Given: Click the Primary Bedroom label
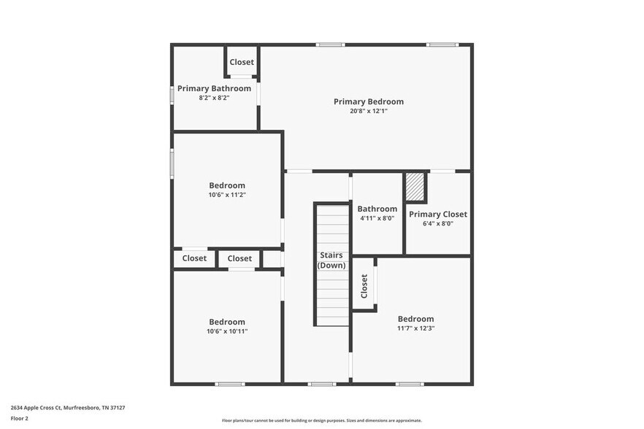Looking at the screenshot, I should point(368,101).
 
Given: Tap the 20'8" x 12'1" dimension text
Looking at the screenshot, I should point(368,112).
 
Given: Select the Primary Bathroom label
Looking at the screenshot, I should point(214,88).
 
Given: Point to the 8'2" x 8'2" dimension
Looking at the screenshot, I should point(214,98).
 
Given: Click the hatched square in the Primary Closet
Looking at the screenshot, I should point(415,186).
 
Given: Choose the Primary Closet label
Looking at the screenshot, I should point(437,214).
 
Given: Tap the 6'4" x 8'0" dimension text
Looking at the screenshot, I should point(437,224).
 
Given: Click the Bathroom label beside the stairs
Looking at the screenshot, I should point(377,209).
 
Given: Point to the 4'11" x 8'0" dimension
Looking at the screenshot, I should point(377,218).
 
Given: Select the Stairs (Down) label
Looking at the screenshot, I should point(331,260).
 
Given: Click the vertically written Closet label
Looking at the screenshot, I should point(364,286).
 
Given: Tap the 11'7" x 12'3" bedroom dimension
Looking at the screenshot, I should point(415,328).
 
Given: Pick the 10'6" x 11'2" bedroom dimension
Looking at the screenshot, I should point(227,195).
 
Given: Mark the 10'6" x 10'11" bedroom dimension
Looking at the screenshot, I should point(227,331).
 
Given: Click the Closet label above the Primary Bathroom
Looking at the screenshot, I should point(242,62).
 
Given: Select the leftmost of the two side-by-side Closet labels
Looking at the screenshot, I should point(194,258).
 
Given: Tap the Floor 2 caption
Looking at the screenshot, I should point(19,419).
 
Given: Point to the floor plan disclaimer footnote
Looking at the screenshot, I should point(321,421).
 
